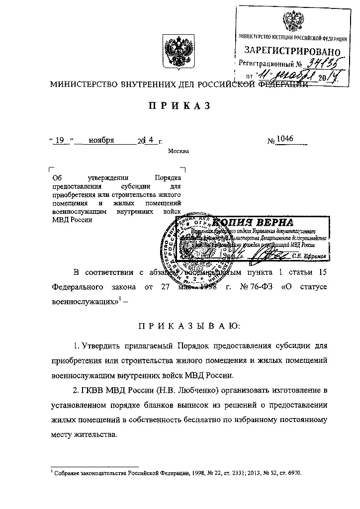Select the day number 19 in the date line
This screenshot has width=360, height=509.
(61, 140)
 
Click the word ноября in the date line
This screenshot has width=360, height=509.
(101, 140)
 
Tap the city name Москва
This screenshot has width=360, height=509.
(179, 151)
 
